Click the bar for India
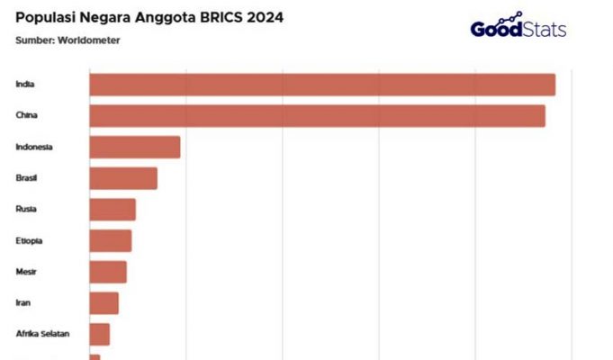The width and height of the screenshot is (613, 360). pos(321,85)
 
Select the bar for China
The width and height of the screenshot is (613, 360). pos(317,116)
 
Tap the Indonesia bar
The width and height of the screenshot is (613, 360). pos(134,147)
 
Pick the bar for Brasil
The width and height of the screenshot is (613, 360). pos(122,178)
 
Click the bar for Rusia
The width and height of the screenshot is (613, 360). pos(112,210)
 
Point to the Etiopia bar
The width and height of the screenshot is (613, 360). pos(110,240)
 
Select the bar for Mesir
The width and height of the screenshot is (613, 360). pos(107,272)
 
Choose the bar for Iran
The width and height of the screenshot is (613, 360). pos(104,303)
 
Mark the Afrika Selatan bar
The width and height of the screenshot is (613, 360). pos(99,334)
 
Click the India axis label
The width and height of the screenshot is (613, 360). pos(24,85)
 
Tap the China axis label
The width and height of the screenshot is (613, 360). pos(26,116)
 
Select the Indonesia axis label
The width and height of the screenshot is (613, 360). pos(34,147)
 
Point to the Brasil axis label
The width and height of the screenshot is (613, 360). pos(26,178)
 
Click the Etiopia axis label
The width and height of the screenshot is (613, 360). pos(29,240)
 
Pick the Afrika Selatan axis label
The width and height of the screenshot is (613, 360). pos(42,334)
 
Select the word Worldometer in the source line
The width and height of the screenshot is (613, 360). pos(88,40)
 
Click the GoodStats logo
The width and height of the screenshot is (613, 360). pos(518,27)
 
